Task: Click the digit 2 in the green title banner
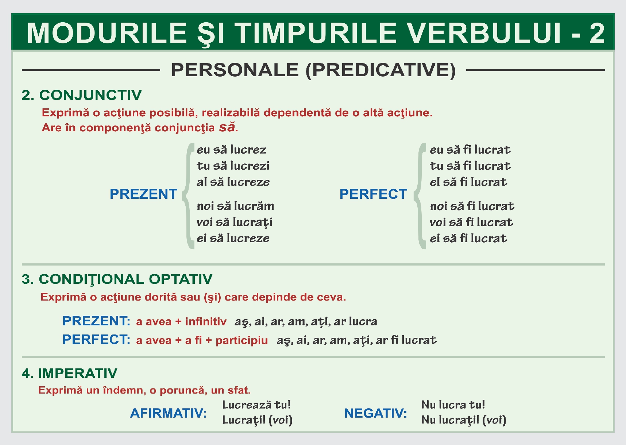[x=597, y=33]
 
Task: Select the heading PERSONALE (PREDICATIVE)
[x=313, y=70]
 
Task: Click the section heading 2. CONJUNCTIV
[x=81, y=95]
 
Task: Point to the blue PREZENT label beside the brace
[x=143, y=194]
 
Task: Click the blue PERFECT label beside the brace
[x=373, y=194]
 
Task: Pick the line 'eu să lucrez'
[x=231, y=150]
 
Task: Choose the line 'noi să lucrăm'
[x=235, y=206]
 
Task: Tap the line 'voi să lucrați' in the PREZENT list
[x=234, y=222]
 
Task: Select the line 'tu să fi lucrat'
[x=470, y=166]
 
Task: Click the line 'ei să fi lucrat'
[x=468, y=239]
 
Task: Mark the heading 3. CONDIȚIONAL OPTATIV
[x=117, y=279]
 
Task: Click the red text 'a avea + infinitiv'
[x=181, y=321]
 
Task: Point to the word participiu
[x=241, y=340]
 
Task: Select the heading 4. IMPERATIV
[x=69, y=373]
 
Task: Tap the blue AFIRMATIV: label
[x=168, y=413]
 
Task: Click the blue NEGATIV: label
[x=375, y=413]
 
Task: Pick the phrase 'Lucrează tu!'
[x=256, y=405]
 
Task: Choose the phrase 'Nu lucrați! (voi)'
[x=463, y=420]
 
